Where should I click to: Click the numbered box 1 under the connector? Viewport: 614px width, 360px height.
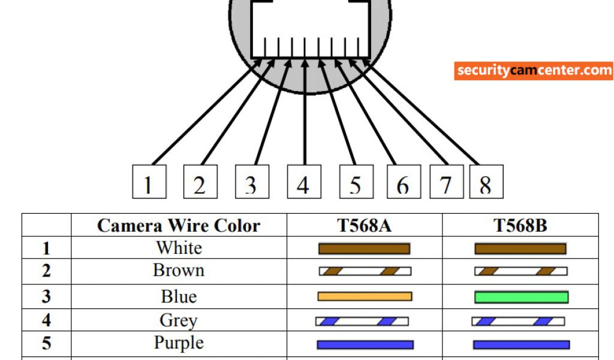click(149, 182)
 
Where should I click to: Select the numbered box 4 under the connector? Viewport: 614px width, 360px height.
click(304, 182)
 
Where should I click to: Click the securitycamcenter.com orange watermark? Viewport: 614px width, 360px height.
click(534, 71)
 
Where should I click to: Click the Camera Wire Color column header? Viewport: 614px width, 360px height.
click(179, 226)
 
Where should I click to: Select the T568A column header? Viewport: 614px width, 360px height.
click(365, 226)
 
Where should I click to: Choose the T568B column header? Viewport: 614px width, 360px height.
click(520, 226)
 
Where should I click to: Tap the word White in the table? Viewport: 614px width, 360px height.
click(179, 248)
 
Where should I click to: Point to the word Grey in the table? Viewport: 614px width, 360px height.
click(179, 320)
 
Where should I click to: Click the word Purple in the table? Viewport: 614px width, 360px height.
click(179, 343)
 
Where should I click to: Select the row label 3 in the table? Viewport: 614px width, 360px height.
click(46, 296)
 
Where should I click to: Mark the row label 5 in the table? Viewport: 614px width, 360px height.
click(46, 344)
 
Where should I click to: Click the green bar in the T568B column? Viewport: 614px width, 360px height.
click(521, 297)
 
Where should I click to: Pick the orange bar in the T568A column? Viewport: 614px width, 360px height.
click(365, 296)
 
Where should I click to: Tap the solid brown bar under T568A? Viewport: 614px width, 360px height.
click(364, 248)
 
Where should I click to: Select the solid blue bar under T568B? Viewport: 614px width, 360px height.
click(521, 345)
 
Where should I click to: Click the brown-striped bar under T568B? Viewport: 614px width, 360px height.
click(520, 271)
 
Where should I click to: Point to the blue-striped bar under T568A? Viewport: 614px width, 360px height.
click(362, 322)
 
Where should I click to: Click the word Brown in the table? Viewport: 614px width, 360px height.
click(179, 271)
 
